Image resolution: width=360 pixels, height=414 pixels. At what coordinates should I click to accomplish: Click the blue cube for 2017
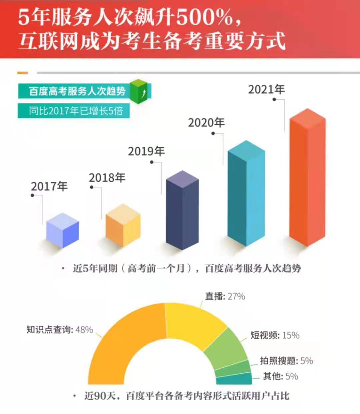click(63, 230)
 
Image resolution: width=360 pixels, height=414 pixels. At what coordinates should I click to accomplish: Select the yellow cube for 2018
click(123, 226)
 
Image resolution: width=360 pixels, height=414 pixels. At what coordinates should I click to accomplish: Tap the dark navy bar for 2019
click(182, 210)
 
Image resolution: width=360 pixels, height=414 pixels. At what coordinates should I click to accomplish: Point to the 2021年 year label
click(266, 89)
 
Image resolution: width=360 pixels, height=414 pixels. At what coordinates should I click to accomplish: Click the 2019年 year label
click(146, 151)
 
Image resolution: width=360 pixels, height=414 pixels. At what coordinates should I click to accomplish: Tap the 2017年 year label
click(49, 186)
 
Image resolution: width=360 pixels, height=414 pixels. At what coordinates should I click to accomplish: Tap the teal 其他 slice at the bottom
click(234, 379)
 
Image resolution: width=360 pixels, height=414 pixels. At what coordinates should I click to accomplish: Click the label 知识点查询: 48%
click(59, 330)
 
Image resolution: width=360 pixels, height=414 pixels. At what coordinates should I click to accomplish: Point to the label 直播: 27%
click(225, 296)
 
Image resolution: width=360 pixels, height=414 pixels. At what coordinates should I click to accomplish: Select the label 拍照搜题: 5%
click(286, 361)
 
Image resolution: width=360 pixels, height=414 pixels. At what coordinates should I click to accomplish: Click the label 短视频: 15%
click(275, 335)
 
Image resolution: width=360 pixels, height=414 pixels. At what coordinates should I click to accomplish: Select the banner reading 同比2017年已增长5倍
click(74, 111)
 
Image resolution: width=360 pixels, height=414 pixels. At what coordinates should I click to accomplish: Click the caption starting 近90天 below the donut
click(187, 396)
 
